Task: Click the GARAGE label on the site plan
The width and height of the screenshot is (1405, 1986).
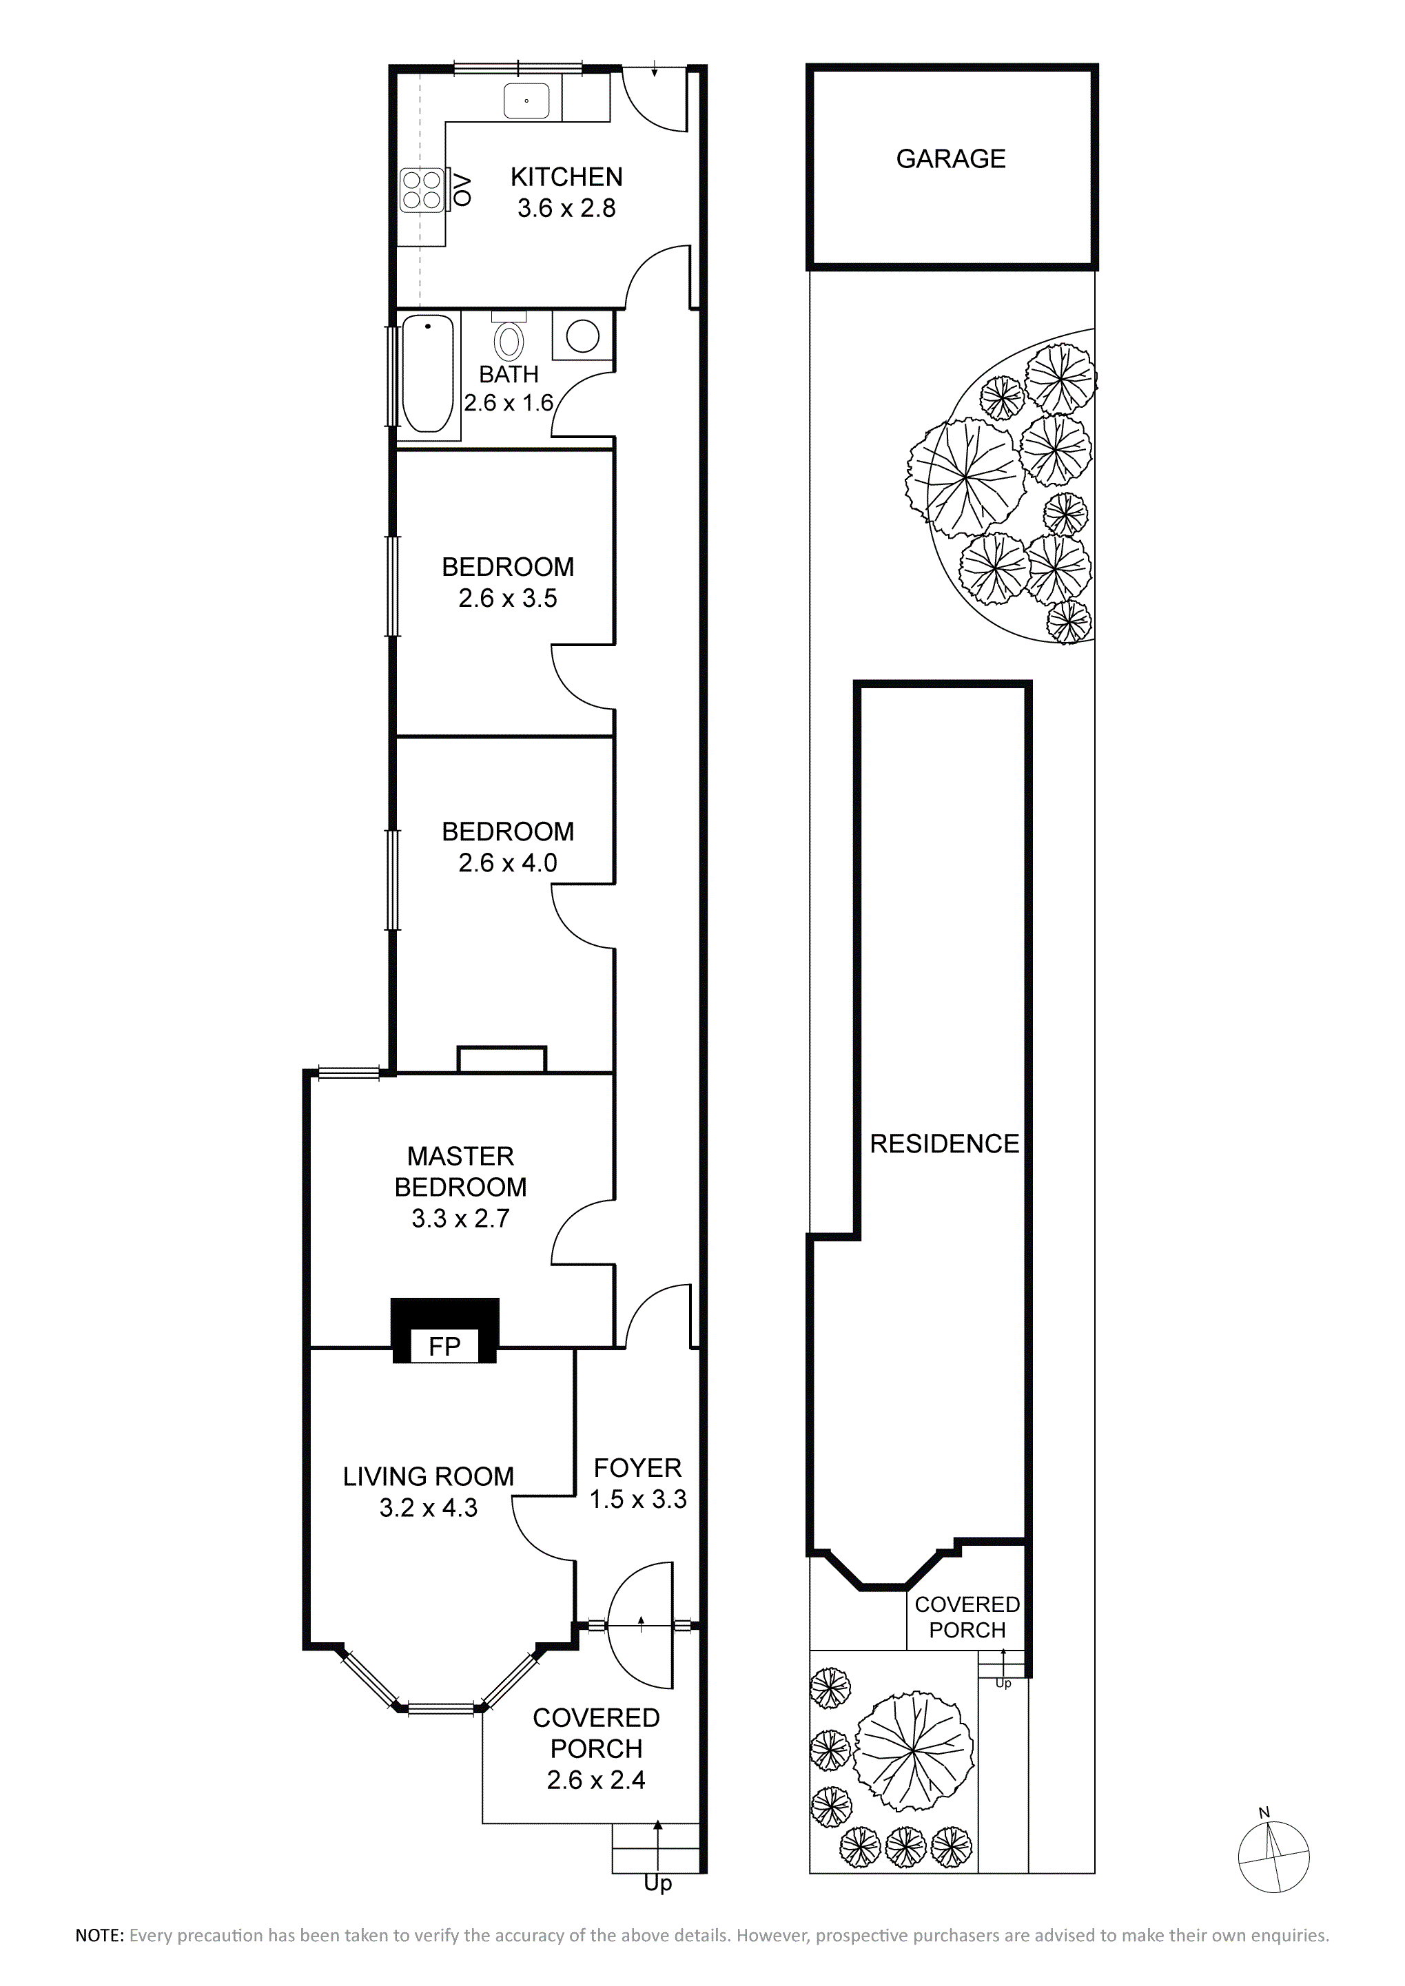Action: point(951,159)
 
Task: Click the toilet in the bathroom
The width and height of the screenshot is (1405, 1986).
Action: point(509,336)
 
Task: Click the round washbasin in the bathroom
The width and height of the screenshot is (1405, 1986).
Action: point(582,335)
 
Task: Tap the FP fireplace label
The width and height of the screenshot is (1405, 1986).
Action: point(444,1346)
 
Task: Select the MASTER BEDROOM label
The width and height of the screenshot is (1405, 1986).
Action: point(460,1171)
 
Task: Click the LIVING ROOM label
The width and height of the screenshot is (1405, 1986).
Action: point(428,1476)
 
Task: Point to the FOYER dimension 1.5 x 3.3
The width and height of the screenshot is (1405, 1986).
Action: point(639,1499)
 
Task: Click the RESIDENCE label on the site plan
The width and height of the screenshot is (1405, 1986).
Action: point(945,1144)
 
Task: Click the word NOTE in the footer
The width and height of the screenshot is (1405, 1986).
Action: point(99,1936)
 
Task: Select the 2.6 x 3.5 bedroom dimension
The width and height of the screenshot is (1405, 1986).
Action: point(508,599)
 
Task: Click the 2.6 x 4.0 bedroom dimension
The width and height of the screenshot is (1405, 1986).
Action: point(508,863)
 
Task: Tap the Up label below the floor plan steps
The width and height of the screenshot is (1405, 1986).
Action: point(658,1885)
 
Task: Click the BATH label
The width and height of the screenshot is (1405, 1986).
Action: point(509,375)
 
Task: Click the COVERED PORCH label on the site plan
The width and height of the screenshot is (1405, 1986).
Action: point(967,1617)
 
